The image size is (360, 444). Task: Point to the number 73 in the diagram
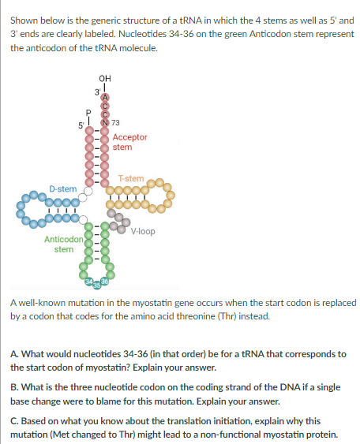116,122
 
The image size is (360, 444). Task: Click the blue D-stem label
62,189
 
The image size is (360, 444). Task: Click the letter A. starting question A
14,354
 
